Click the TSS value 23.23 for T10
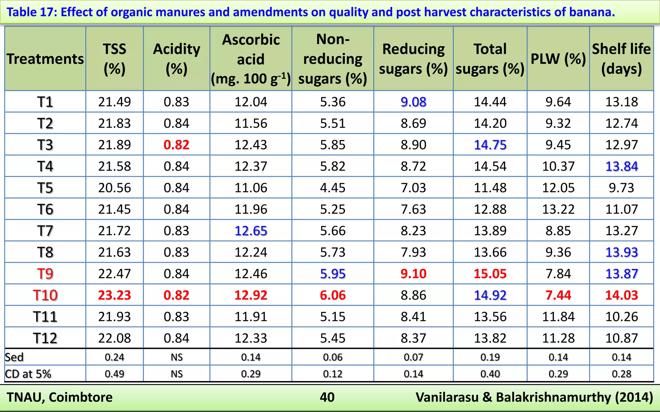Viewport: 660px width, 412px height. click(x=114, y=295)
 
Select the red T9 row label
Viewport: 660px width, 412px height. click(x=45, y=274)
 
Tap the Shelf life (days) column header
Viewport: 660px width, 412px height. click(x=621, y=59)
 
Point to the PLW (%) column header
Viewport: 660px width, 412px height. click(x=558, y=59)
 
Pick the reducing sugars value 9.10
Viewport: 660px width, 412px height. click(x=413, y=274)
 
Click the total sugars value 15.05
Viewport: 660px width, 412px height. click(x=490, y=274)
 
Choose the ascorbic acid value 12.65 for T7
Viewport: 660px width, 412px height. click(x=251, y=231)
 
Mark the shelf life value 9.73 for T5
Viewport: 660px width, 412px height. click(x=621, y=188)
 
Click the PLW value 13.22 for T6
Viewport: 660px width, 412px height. click(x=558, y=209)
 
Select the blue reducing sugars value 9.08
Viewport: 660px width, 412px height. click(x=413, y=102)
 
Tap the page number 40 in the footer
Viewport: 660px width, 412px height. click(x=327, y=397)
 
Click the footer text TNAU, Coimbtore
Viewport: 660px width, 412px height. click(x=60, y=397)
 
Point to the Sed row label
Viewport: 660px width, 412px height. click(x=14, y=357)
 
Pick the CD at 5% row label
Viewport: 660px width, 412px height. click(x=28, y=374)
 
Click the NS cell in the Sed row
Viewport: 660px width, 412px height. click(x=177, y=357)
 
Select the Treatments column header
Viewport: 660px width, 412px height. click(x=45, y=59)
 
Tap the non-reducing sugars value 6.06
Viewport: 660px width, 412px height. click(x=333, y=295)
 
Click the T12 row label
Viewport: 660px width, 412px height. click(x=45, y=338)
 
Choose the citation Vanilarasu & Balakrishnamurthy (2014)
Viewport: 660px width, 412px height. click(x=534, y=397)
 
